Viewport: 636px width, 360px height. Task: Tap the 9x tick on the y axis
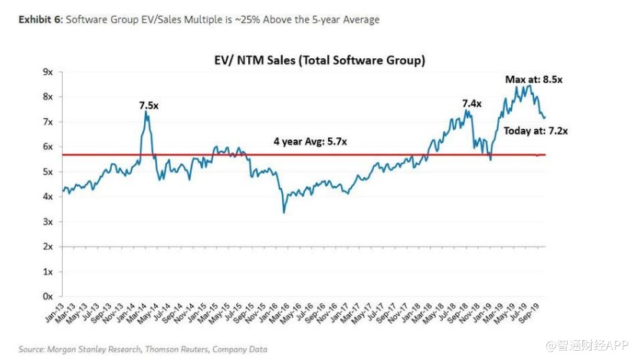pyautogui.click(x=48, y=72)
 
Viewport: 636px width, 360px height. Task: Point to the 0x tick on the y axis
pyautogui.click(x=48, y=296)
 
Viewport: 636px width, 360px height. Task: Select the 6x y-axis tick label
pyautogui.click(x=48, y=147)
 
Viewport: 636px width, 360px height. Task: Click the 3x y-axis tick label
pyautogui.click(x=48, y=222)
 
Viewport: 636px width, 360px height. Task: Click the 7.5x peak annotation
pyautogui.click(x=149, y=105)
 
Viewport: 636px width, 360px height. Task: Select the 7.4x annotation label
pyautogui.click(x=472, y=103)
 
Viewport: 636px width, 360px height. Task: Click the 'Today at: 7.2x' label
pyautogui.click(x=536, y=131)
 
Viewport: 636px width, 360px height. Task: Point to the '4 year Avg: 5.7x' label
pyautogui.click(x=313, y=142)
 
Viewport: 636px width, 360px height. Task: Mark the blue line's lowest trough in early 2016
pyautogui.click(x=284, y=212)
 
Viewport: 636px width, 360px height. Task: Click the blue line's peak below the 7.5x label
pyautogui.click(x=146, y=113)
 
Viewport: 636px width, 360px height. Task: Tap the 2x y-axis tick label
pyautogui.click(x=48, y=247)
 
